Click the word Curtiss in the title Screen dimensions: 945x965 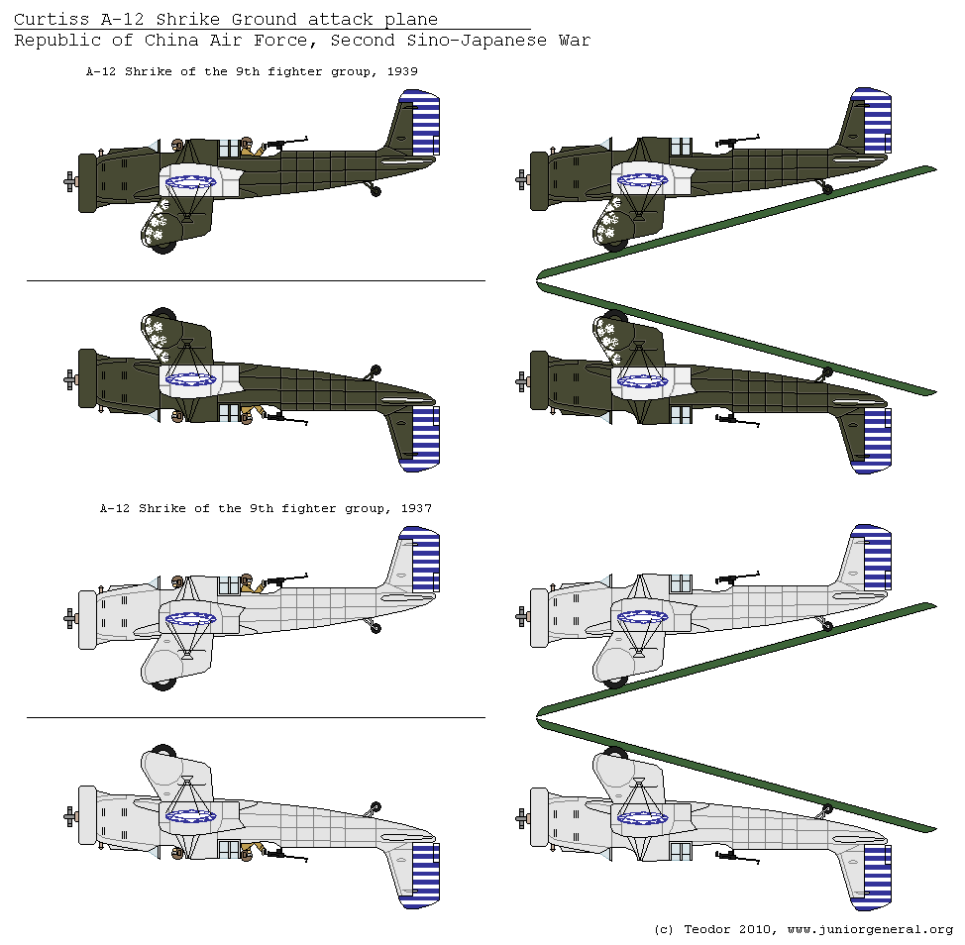[46, 20]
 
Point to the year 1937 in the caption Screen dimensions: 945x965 [415, 507]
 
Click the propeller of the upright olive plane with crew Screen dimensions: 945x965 [70, 181]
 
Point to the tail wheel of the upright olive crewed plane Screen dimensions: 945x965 [375, 190]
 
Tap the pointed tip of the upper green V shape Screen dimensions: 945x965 [539, 274]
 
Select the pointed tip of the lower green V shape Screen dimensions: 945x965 [539, 710]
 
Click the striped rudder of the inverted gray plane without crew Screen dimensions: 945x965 [877, 876]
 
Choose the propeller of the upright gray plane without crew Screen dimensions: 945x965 [522, 617]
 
